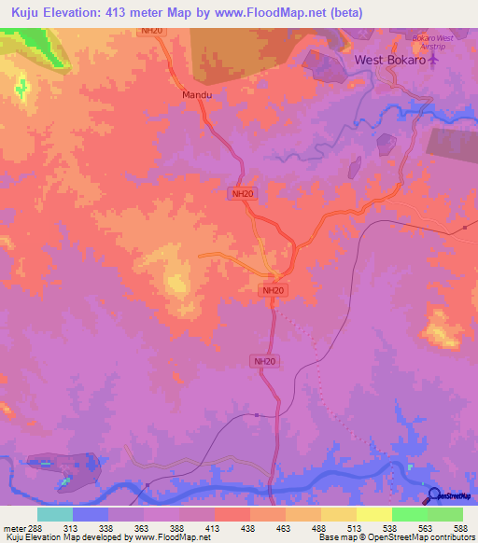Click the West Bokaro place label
pos(389,60)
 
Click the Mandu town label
pos(196,95)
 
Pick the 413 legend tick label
pos(214,527)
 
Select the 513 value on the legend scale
pos(356,527)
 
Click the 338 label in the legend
pos(107,527)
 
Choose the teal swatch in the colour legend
pos(55,514)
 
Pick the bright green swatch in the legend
pos(409,514)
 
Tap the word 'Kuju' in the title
pos(27,12)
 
